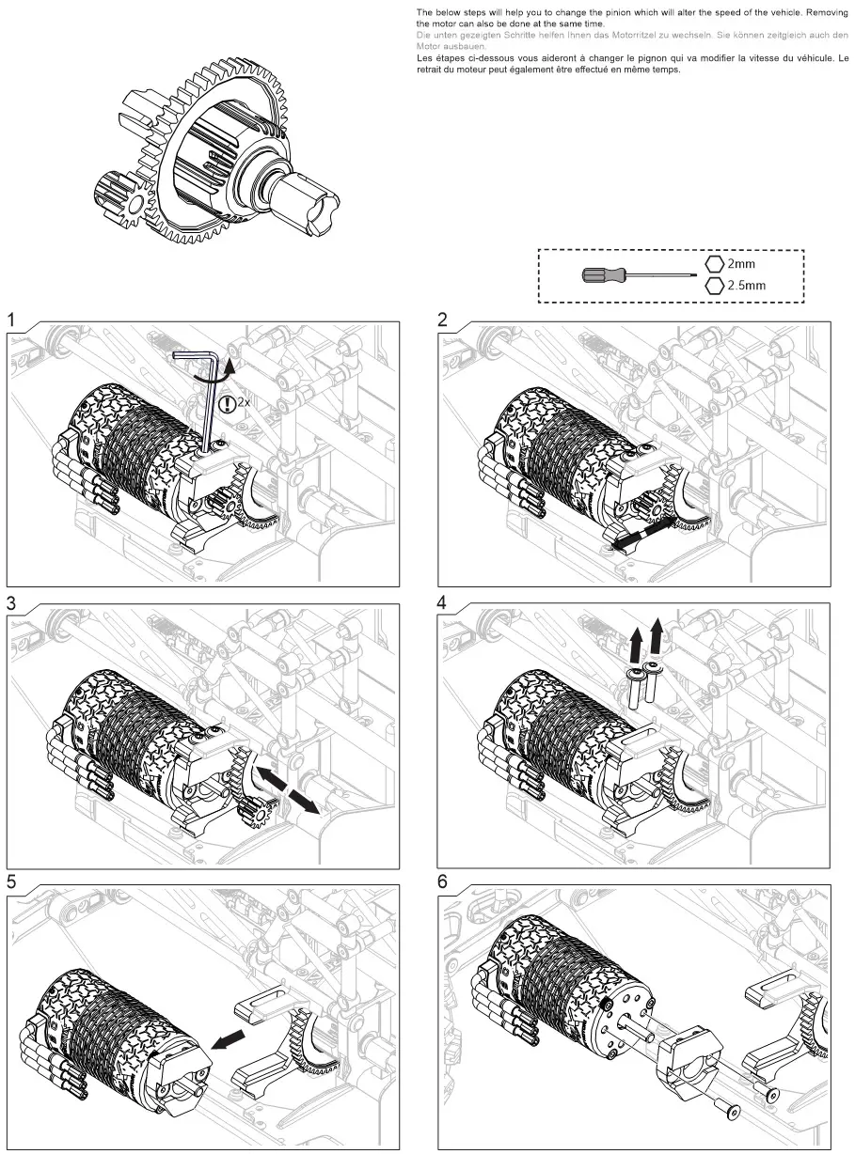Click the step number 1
(12, 320)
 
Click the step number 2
(444, 320)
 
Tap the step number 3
(12, 602)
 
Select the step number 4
(444, 602)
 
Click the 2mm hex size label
(741, 264)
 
